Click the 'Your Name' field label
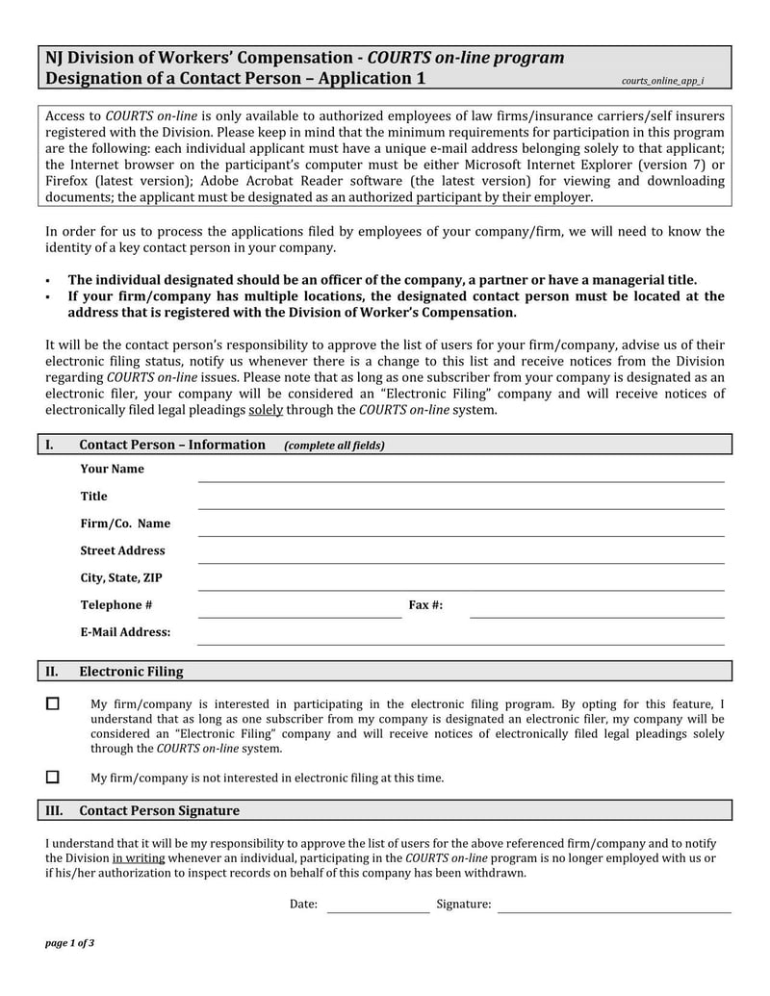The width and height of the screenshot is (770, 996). point(112,469)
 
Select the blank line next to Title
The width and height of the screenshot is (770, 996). point(460,503)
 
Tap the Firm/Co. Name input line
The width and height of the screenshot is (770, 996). point(460,530)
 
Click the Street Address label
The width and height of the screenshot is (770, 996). point(122,550)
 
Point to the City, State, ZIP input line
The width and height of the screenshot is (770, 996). point(460,585)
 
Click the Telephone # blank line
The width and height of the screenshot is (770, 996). point(299,612)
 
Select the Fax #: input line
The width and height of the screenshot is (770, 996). point(597,612)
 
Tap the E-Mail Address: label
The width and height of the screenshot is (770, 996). point(125,632)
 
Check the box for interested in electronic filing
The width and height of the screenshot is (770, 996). point(53,704)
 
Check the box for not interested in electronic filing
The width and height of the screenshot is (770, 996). point(53,777)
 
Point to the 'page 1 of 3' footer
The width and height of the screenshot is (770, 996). point(69,943)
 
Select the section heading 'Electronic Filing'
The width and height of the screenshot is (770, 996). point(131,672)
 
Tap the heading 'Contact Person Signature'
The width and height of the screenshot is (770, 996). point(159,811)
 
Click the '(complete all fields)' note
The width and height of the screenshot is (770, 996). point(334,446)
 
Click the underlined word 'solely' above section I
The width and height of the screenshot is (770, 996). point(264,410)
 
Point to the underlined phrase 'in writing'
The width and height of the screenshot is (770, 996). point(139,857)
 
